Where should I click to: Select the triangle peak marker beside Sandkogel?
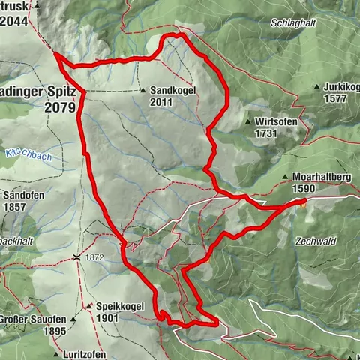[x=142, y=90]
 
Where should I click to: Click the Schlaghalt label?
[x=292, y=24]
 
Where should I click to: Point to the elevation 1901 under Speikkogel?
[x=108, y=317]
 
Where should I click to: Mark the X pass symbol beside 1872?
[x=77, y=257]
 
